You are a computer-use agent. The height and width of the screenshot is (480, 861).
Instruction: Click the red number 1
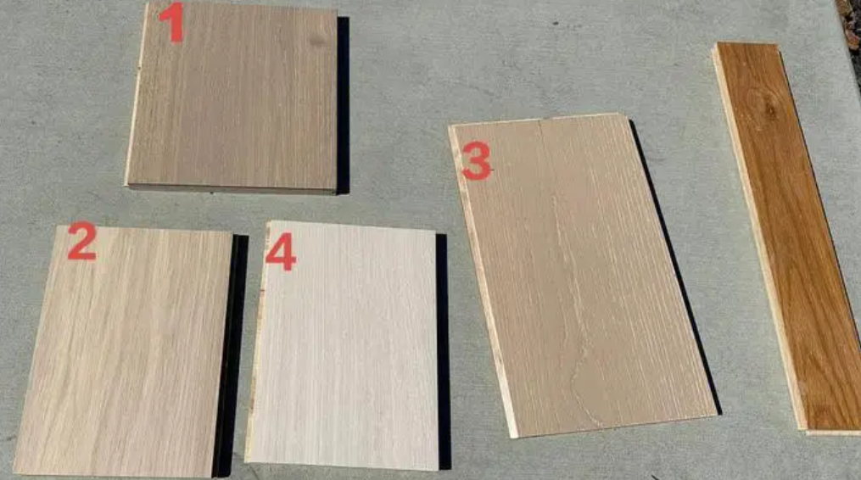172,23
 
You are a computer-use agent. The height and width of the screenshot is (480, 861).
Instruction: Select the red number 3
476,161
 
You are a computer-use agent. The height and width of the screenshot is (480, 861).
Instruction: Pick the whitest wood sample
344,346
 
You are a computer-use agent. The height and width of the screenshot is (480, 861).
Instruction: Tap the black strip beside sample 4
443,351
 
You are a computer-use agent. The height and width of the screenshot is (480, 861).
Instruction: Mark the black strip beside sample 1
343,105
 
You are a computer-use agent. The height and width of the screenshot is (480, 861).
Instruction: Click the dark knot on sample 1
317,40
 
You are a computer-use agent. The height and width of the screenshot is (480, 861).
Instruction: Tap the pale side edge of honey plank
758,236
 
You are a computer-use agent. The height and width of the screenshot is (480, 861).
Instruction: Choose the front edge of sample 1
232,188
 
